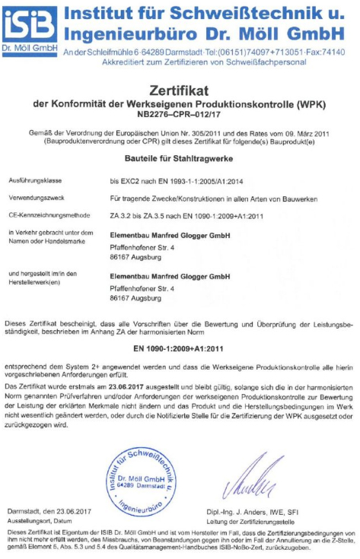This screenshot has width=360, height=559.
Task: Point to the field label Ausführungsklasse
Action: (x=34, y=181)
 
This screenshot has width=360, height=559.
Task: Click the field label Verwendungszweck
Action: (x=35, y=198)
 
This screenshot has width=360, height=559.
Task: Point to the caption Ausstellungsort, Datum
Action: (x=39, y=521)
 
